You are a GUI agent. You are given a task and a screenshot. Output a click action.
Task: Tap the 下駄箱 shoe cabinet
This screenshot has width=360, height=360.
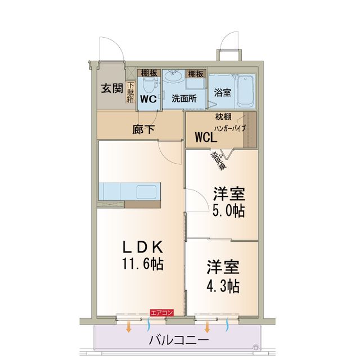130,93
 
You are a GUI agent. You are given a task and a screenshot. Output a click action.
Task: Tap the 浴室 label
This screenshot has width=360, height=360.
222,93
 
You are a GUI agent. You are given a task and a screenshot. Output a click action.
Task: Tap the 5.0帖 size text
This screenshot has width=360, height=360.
228,211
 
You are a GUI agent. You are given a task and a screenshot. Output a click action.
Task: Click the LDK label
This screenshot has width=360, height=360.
143,246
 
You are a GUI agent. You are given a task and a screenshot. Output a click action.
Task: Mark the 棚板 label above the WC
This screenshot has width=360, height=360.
150,74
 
